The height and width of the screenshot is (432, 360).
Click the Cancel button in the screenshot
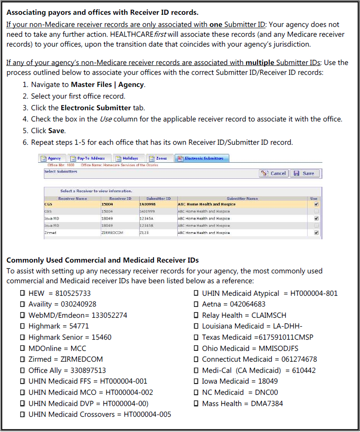[274, 173]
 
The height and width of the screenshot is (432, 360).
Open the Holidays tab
[129, 158]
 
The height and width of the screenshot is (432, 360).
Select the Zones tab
[159, 158]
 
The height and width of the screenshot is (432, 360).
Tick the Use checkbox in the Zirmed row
[316, 233]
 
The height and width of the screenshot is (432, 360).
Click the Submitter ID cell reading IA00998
[147, 204]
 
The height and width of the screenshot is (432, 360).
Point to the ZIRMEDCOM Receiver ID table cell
[113, 233]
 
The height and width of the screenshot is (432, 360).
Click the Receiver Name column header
[73, 199]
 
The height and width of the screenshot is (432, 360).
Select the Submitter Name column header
[242, 199]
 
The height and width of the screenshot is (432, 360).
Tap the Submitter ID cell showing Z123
[145, 233]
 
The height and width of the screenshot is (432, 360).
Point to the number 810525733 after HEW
[73, 294]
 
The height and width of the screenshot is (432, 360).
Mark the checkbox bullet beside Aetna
[196, 304]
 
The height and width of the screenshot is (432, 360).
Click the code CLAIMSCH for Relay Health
[269, 315]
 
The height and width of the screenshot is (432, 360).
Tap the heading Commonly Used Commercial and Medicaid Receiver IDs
[103, 260]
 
